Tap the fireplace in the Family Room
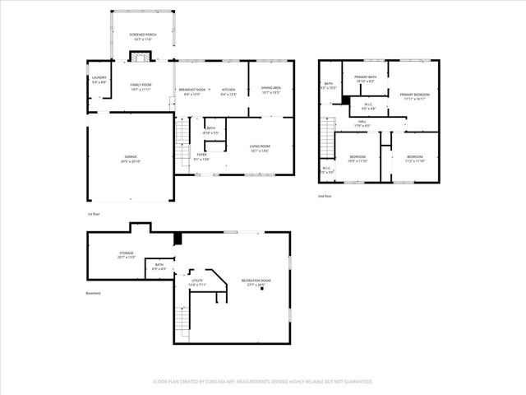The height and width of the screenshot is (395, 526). tap(141, 58)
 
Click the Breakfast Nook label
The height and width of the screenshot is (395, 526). tap(192, 91)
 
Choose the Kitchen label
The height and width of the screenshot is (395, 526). tap(228, 91)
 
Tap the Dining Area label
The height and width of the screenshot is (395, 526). tap(271, 91)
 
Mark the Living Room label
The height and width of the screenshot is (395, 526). tap(260, 149)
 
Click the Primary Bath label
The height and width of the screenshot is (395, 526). tap(365, 79)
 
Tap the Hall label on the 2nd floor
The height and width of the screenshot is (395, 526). tap(362, 123)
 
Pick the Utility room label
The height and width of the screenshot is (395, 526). tap(197, 283)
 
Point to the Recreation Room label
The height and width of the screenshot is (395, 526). tap(256, 283)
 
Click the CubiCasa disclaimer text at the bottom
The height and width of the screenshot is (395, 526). tap(263, 381)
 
